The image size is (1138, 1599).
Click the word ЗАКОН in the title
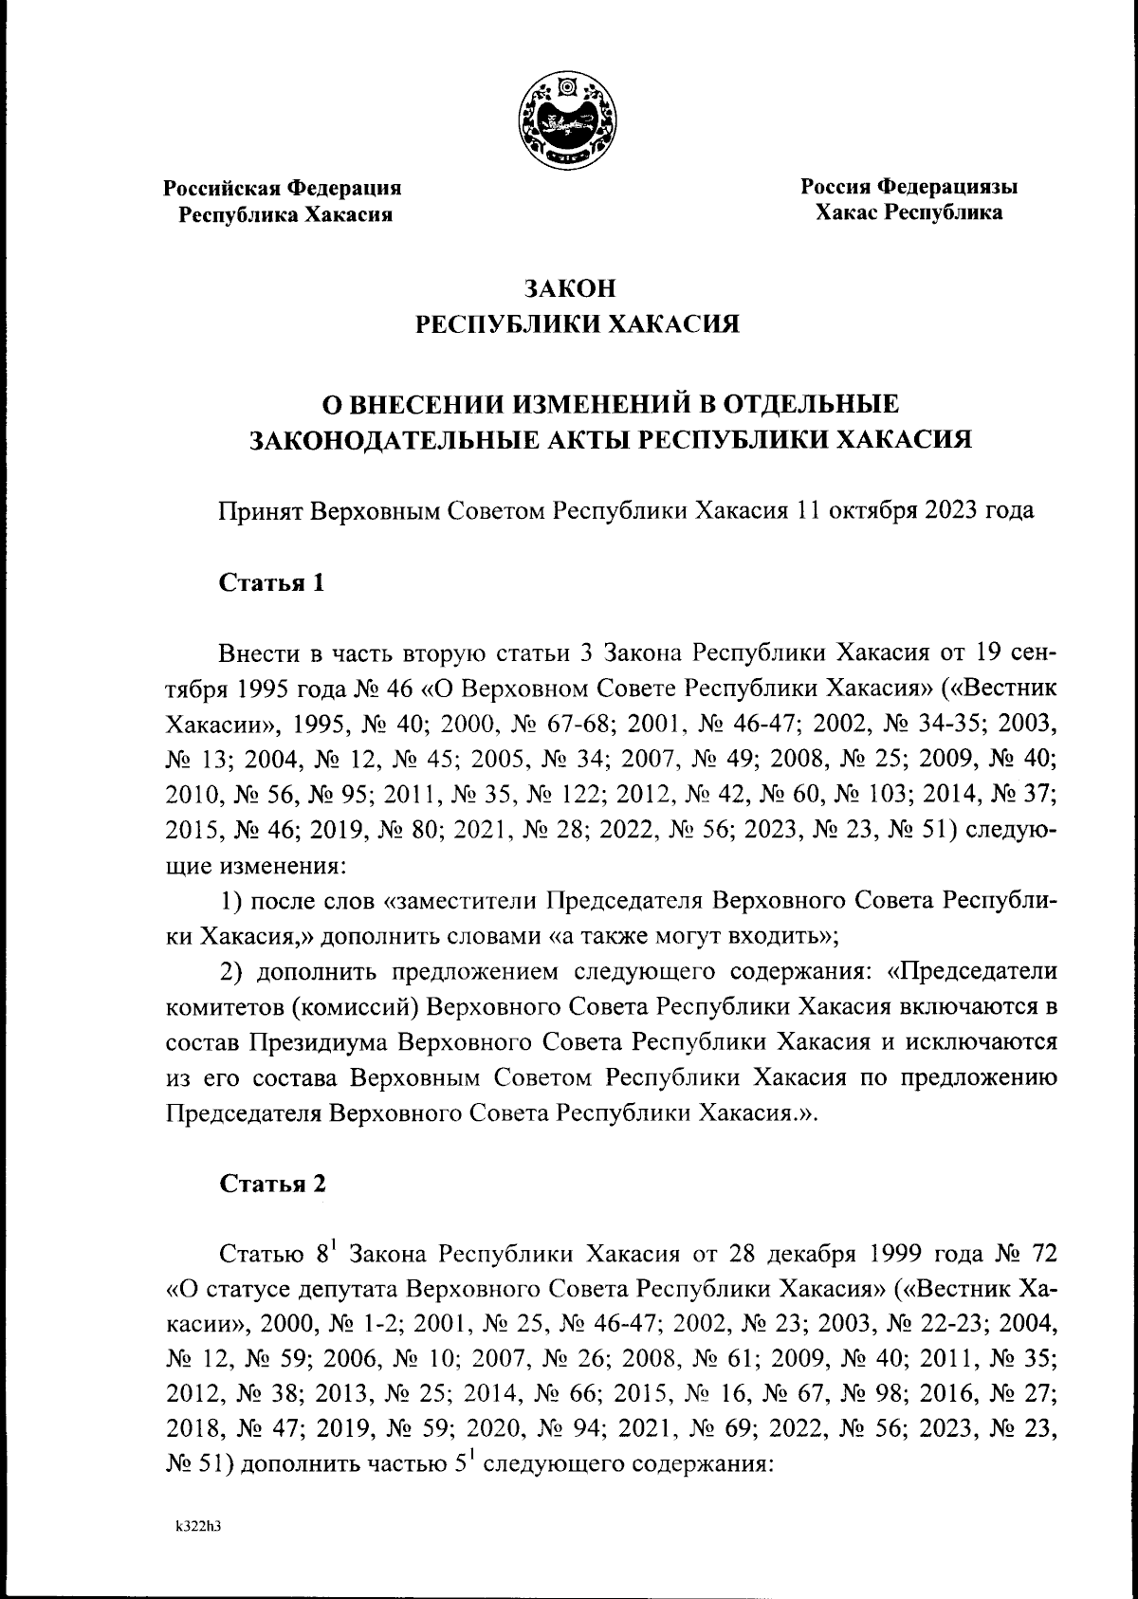click(x=568, y=285)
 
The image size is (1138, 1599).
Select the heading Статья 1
click(x=272, y=582)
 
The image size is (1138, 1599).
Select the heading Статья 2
click(x=272, y=1183)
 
